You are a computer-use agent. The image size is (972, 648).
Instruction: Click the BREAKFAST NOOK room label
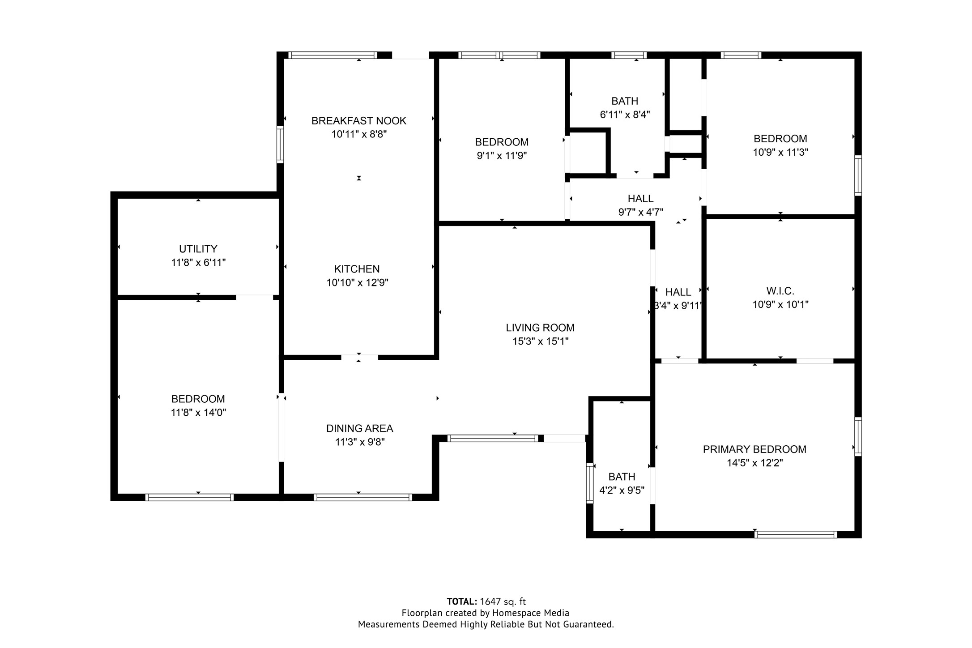pos(359,121)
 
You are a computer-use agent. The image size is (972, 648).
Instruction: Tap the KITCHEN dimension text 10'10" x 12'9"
pos(357,283)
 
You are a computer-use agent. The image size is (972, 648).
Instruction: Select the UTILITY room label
pos(198,249)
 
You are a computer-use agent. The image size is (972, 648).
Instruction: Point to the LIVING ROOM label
pos(540,328)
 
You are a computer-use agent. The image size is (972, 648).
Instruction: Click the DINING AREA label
pos(360,428)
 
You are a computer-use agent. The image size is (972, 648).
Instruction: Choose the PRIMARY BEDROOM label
pos(755,449)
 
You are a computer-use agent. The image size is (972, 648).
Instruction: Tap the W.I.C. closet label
pos(780,291)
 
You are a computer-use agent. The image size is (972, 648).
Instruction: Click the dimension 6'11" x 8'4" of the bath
pos(625,115)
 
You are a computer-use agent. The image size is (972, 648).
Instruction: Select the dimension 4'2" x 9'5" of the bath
pos(622,490)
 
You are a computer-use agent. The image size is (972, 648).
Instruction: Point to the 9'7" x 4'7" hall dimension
pos(640,212)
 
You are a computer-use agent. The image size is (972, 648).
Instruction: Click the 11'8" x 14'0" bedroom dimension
pos(198,413)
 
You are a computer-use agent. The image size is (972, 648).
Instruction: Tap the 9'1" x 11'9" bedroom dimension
pos(502,156)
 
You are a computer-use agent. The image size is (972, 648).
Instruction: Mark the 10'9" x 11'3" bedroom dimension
pos(780,152)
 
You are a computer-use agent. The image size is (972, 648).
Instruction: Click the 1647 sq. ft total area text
pos(503,601)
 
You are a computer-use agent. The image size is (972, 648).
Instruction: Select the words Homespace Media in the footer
pos(531,613)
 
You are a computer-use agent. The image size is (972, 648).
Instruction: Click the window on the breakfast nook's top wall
pos(333,55)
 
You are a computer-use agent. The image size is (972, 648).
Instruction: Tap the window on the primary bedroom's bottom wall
pos(796,534)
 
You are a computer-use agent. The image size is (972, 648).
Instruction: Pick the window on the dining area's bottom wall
pos(363,497)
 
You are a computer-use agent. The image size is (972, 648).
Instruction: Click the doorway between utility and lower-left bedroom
pos(254,297)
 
